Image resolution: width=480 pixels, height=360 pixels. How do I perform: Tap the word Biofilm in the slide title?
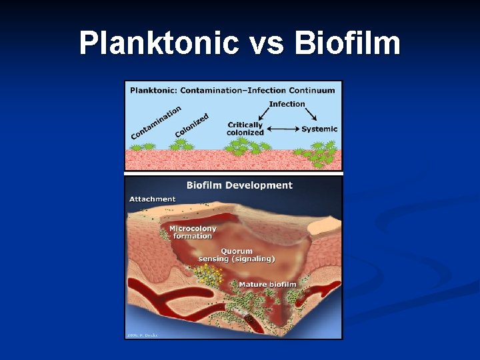click(x=346, y=44)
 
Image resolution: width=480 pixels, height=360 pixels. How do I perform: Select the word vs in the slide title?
click(x=265, y=44)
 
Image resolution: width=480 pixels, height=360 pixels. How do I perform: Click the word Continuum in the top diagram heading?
click(x=310, y=89)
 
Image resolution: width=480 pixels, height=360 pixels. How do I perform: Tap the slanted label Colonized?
click(x=192, y=125)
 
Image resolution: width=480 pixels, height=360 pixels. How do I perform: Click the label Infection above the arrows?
click(x=287, y=104)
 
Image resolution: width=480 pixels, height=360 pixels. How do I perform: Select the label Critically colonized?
click(x=245, y=128)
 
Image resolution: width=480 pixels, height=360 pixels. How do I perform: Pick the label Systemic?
click(x=319, y=129)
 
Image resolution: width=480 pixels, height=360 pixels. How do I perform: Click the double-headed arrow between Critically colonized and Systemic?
click(x=282, y=128)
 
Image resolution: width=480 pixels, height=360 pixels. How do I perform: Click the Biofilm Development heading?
click(x=239, y=185)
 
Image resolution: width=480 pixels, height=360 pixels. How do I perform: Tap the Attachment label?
click(x=153, y=199)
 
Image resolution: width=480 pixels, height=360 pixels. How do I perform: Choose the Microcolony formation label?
click(x=193, y=232)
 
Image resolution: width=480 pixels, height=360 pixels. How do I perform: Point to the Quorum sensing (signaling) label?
click(x=237, y=255)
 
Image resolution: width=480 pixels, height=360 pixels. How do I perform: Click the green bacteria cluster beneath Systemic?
click(x=322, y=157)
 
